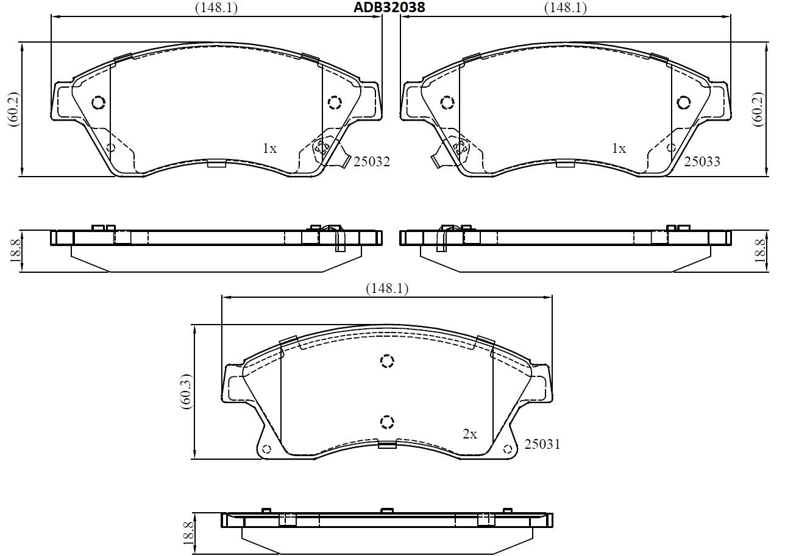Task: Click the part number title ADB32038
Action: (x=389, y=7)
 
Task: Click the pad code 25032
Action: (x=372, y=162)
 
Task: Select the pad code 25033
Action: (x=702, y=161)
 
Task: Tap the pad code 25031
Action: (x=542, y=445)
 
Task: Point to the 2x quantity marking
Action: (x=469, y=434)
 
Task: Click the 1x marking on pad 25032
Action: (x=269, y=149)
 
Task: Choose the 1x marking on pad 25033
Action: (x=619, y=149)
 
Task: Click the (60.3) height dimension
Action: (x=186, y=392)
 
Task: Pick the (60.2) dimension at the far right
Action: (x=757, y=109)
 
